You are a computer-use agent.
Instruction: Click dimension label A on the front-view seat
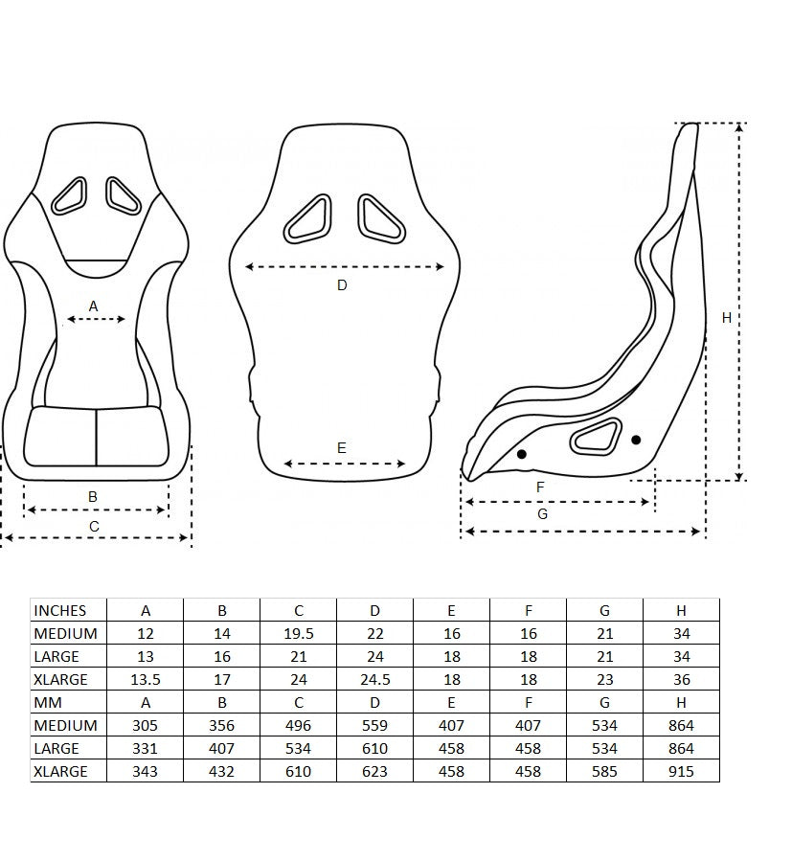click(93, 306)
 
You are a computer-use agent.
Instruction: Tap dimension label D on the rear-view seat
click(342, 284)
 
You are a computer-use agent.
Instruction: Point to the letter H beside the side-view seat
click(727, 317)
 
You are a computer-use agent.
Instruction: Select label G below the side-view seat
click(543, 513)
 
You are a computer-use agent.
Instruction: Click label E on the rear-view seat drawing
click(342, 447)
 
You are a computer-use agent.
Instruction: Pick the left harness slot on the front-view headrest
click(70, 194)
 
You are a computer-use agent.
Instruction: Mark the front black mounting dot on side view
click(522, 453)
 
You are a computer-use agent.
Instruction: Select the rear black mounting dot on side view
click(636, 440)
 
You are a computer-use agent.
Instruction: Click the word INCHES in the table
click(60, 610)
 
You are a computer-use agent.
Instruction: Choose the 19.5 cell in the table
click(299, 633)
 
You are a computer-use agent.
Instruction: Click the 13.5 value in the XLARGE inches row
click(146, 679)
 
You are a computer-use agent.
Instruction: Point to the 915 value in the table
click(681, 771)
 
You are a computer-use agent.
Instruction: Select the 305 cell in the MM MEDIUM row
click(146, 725)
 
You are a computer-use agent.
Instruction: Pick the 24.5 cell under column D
click(375, 679)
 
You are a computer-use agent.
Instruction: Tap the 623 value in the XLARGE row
click(375, 771)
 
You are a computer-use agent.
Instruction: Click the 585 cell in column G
click(605, 771)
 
